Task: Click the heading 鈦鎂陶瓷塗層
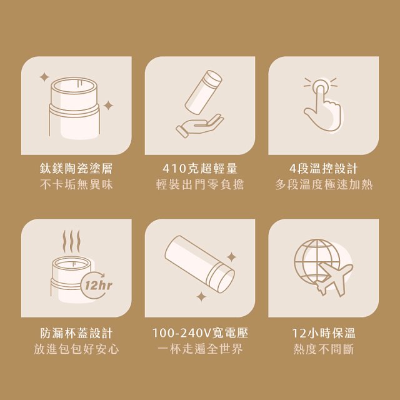click(x=76, y=169)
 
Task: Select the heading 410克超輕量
click(x=200, y=169)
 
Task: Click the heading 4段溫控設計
click(x=323, y=169)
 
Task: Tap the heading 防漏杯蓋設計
click(x=76, y=332)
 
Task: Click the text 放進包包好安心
click(x=76, y=349)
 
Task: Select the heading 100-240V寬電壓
click(x=200, y=332)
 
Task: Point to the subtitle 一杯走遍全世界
click(x=200, y=349)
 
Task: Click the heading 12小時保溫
click(x=323, y=332)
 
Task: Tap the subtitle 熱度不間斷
click(x=323, y=349)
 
